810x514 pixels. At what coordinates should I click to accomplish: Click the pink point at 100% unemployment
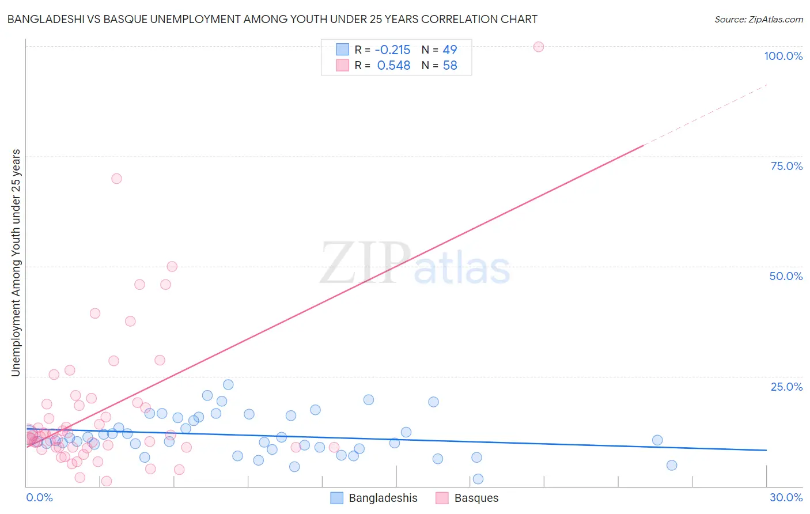[x=539, y=47]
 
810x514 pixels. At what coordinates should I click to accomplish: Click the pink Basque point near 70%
[x=116, y=179]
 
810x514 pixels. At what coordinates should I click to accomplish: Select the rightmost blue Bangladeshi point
[x=672, y=465]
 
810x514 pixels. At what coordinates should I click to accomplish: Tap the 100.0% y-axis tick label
[x=783, y=56]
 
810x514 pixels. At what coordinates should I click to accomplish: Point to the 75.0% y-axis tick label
[x=786, y=166]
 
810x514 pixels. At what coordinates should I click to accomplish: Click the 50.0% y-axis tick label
[x=786, y=276]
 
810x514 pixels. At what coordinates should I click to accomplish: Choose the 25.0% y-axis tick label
[x=786, y=386]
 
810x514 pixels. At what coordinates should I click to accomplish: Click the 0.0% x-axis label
[x=39, y=497]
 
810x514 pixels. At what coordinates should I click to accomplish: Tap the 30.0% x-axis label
[x=786, y=497]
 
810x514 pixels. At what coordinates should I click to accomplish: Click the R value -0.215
[x=392, y=50]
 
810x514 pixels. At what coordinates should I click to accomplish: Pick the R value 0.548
[x=393, y=66]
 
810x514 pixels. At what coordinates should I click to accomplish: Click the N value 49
[x=450, y=50]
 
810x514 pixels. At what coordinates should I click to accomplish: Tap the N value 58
[x=450, y=66]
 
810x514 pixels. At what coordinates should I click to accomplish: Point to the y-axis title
[x=16, y=263]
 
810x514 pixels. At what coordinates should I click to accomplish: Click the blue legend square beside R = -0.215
[x=342, y=50]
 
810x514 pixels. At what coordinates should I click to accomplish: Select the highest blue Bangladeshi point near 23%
[x=228, y=384]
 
